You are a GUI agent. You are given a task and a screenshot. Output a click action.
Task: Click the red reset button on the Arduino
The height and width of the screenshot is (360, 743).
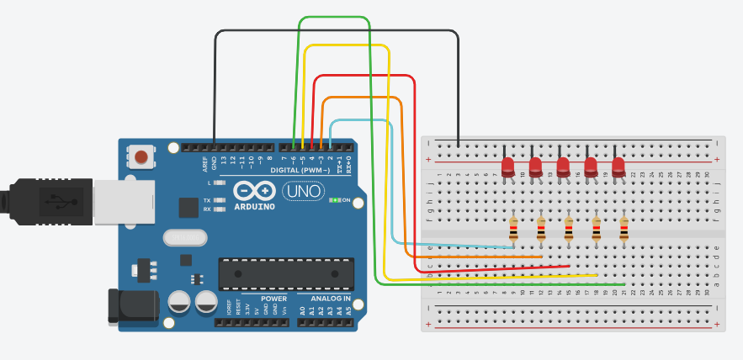pyautogui.click(x=141, y=156)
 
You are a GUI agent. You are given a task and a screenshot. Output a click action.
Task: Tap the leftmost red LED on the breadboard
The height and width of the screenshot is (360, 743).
pyautogui.click(x=507, y=167)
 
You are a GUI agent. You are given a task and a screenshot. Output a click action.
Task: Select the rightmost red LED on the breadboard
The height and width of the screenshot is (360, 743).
pyautogui.click(x=618, y=167)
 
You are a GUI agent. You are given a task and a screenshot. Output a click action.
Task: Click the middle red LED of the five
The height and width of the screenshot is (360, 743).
pyautogui.click(x=563, y=167)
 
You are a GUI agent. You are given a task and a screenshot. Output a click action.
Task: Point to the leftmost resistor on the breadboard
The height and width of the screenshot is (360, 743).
pyautogui.click(x=514, y=227)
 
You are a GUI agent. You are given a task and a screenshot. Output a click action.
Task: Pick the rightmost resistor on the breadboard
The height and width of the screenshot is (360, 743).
pyautogui.click(x=624, y=227)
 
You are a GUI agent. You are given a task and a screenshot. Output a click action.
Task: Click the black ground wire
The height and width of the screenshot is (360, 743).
pyautogui.click(x=337, y=31)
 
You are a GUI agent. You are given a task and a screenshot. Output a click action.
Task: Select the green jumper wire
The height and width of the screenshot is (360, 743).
pyautogui.click(x=334, y=17)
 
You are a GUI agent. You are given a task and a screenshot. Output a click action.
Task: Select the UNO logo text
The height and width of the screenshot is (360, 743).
pyautogui.click(x=302, y=192)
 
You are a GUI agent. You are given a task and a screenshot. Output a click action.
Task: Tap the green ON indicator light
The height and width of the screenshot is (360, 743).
pyautogui.click(x=335, y=200)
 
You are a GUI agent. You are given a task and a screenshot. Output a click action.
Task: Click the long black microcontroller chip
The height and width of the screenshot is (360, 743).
pyautogui.click(x=282, y=273)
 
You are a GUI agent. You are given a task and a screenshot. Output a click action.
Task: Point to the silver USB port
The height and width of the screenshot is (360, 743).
pyautogui.click(x=122, y=202)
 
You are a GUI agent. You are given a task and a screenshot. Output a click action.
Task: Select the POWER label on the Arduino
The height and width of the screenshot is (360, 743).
pyautogui.click(x=273, y=299)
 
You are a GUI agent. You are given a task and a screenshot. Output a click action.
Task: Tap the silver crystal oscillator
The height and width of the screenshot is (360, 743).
pyautogui.click(x=184, y=239)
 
